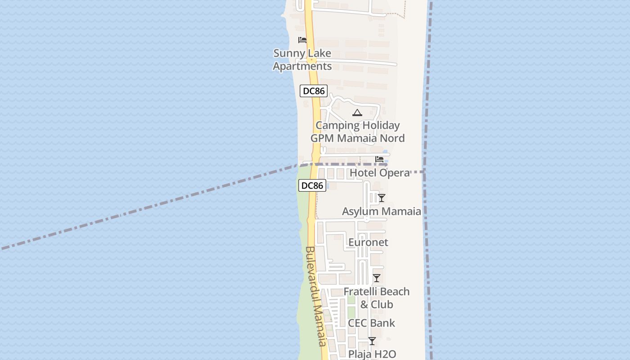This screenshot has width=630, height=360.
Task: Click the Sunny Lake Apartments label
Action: point(302,60)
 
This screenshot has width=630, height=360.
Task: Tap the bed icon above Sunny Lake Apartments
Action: point(302,40)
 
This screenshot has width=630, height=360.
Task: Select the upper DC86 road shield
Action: point(314,91)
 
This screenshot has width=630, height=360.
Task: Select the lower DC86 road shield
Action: point(312,185)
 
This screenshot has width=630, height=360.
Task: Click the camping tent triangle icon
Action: point(357,112)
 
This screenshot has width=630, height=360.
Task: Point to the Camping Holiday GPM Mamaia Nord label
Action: point(358,132)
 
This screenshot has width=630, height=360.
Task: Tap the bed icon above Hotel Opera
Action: point(379,159)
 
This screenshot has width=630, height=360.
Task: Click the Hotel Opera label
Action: point(380,173)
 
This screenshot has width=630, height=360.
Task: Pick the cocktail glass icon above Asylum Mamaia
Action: point(382,198)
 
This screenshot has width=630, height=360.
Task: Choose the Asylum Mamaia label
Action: point(382,211)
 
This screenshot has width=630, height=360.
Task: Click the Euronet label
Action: point(368,243)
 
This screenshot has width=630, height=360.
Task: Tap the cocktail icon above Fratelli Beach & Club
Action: point(377,278)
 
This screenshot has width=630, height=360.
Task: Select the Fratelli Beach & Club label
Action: point(377,298)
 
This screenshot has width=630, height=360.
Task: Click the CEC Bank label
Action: point(371,323)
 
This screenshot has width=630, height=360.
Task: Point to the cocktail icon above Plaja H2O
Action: point(372,341)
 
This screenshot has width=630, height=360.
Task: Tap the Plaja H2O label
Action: point(372,354)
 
